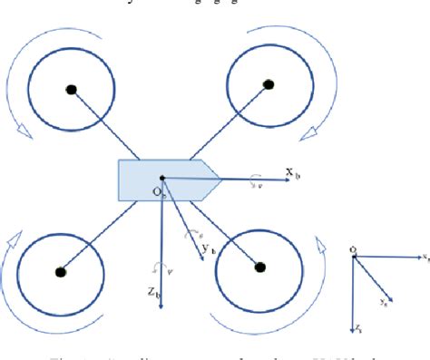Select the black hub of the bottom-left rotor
[61, 270]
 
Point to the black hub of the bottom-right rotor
[260, 268]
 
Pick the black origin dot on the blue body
[161, 179]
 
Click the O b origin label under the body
[158, 192]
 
